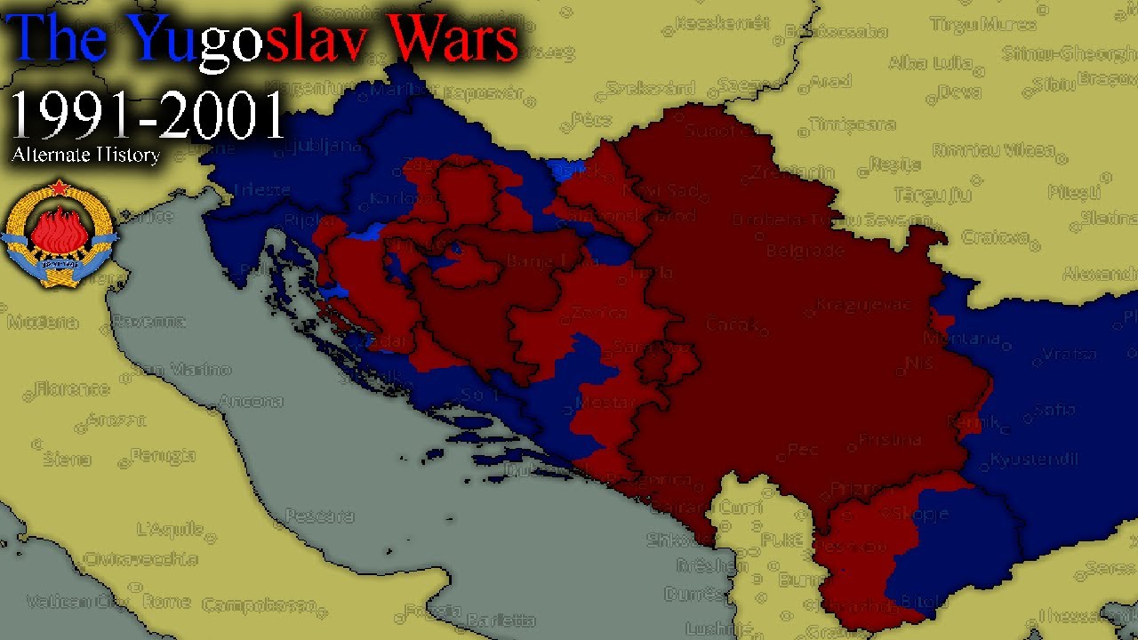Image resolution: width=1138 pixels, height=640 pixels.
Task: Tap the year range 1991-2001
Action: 148,116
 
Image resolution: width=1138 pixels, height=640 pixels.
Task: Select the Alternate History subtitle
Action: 85,155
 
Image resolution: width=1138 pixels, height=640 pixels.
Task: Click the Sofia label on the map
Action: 1054,411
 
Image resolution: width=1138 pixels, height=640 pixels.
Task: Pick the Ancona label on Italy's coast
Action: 251,402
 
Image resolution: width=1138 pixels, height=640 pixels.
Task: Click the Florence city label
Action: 72,388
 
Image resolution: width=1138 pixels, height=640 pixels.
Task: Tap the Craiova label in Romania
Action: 995,237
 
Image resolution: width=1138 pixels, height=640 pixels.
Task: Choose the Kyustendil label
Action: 1033,460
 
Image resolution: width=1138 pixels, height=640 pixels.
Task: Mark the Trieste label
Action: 261,189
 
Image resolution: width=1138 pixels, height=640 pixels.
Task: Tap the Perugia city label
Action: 163,456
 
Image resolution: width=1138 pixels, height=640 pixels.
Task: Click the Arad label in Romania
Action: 830,81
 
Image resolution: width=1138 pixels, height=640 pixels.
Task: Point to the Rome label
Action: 166,602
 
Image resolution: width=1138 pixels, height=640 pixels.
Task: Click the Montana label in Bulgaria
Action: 961,339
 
